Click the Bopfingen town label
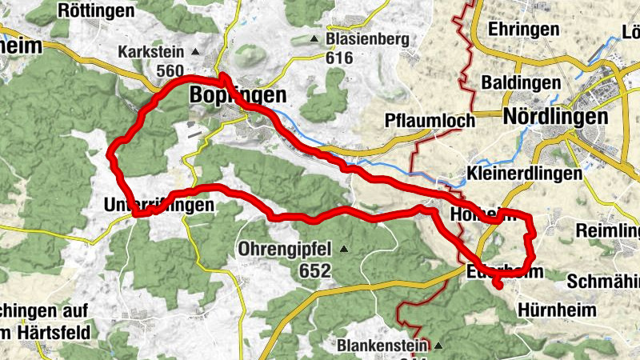point(238,95)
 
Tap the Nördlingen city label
point(555,117)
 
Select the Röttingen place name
point(96,10)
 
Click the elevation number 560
point(170,71)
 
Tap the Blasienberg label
point(369,38)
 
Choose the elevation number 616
point(340,58)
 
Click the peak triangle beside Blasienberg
point(318,38)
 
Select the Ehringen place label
point(527,29)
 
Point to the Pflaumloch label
point(430,122)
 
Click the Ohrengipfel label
point(286,250)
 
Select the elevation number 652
point(315,271)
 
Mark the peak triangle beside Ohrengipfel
point(344,249)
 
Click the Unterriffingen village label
point(159,206)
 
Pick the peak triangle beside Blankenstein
point(438,346)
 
